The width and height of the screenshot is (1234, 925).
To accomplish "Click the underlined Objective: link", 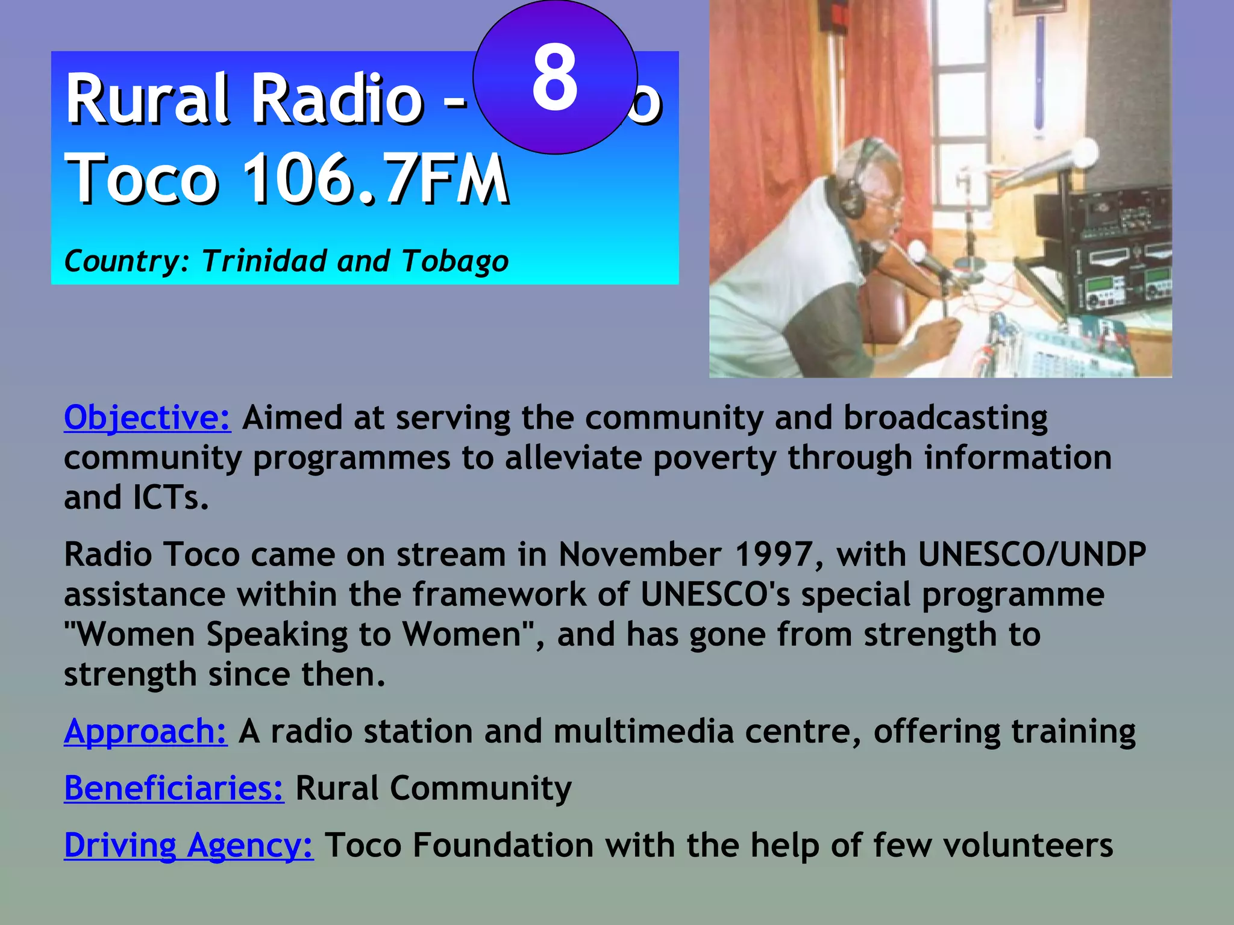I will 147,417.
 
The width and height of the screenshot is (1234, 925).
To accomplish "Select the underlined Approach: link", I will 145,732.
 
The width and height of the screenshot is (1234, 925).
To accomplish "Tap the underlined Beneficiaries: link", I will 174,788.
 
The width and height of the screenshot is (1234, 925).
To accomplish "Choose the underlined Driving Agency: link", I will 189,845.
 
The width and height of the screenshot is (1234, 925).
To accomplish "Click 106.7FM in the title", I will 377,179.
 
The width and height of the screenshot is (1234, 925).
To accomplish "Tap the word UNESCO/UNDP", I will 1032,554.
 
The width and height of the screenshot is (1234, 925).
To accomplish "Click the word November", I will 639,554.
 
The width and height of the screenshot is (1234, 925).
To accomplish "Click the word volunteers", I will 1028,845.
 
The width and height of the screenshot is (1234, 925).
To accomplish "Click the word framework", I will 499,594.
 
